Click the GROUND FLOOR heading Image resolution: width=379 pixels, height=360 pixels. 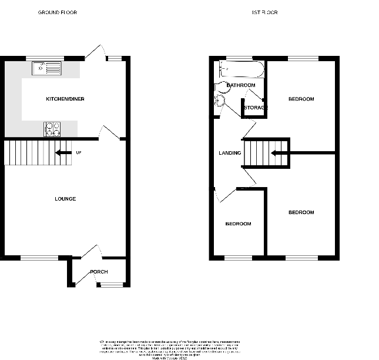(57, 12)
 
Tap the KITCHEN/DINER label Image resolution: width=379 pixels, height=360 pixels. (65, 99)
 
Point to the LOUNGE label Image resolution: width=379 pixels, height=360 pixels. (65, 199)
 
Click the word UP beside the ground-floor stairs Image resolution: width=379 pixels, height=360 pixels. (78, 153)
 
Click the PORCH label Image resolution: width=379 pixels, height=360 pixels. (98, 272)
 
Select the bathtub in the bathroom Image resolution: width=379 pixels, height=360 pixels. (242, 70)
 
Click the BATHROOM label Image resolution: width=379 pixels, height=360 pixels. (241, 85)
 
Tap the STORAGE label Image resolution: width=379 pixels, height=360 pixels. (256, 108)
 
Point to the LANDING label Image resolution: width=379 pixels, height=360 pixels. (230, 153)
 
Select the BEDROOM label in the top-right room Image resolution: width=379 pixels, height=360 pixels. (301, 99)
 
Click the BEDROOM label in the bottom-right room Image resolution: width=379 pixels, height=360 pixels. (301, 212)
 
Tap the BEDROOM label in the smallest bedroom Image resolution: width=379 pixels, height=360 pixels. (239, 224)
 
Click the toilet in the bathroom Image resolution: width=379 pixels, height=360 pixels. (220, 101)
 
